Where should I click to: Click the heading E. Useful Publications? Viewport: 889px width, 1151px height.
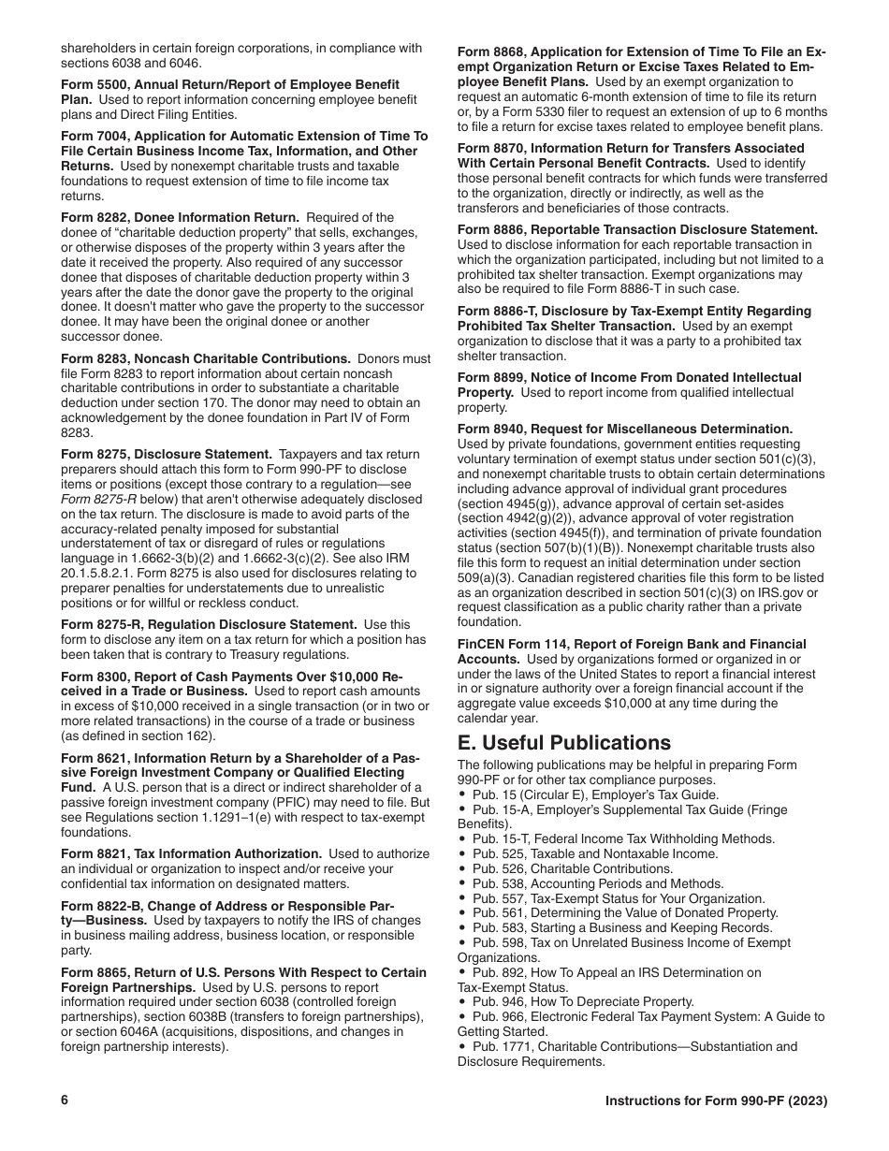click(564, 742)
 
